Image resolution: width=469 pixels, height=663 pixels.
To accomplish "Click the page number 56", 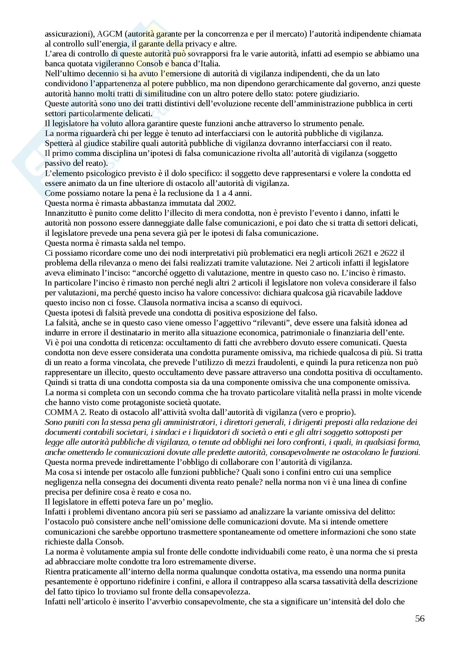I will point(420,619).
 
